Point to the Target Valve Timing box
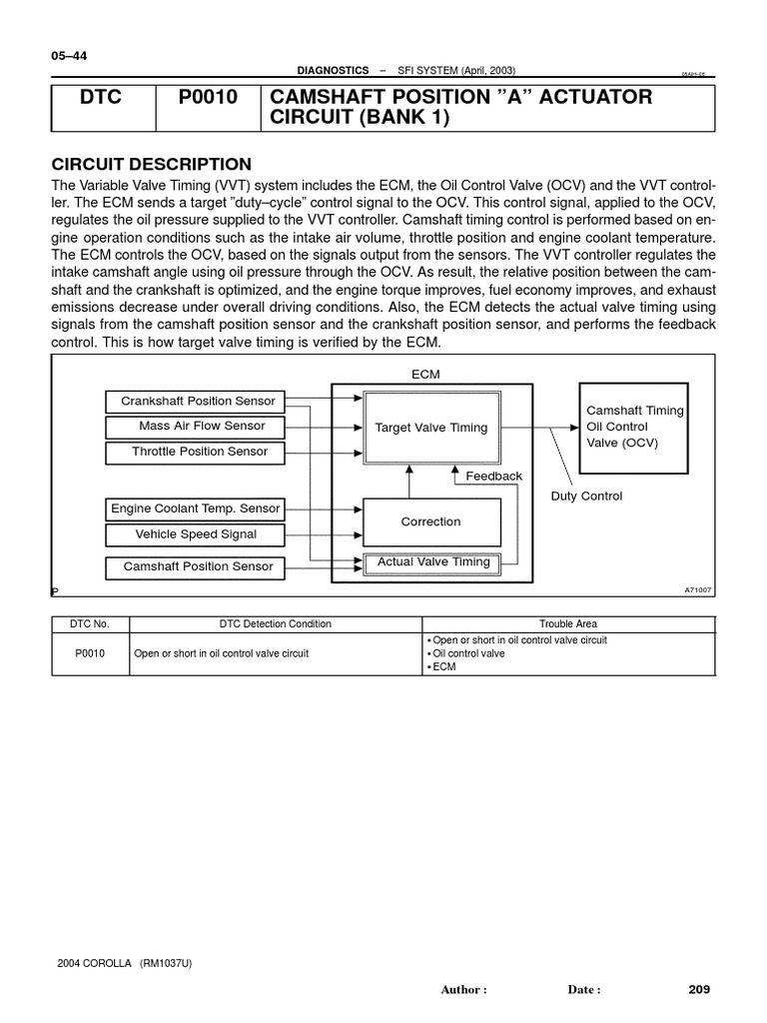click(430, 428)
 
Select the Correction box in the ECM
click(430, 521)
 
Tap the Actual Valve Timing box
click(432, 562)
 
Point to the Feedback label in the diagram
click(493, 477)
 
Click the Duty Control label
click(586, 497)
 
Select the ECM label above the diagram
click(425, 375)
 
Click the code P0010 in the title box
click(208, 98)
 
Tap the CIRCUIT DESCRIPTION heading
click(151, 164)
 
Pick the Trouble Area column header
click(568, 624)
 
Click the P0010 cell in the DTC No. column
click(91, 653)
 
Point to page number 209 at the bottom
click(698, 990)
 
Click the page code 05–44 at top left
click(69, 56)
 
